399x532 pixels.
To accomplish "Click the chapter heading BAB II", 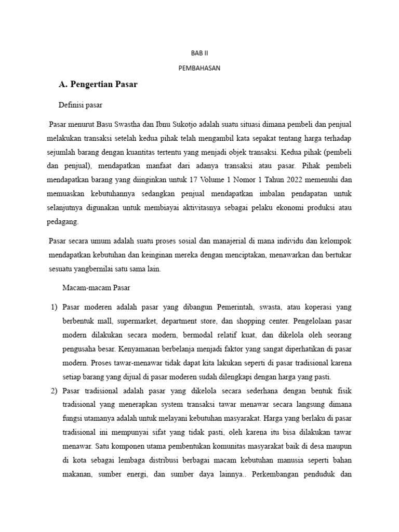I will (199, 53).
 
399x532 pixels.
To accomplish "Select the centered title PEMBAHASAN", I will (199, 68).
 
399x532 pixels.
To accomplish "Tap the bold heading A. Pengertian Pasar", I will (98, 84).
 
